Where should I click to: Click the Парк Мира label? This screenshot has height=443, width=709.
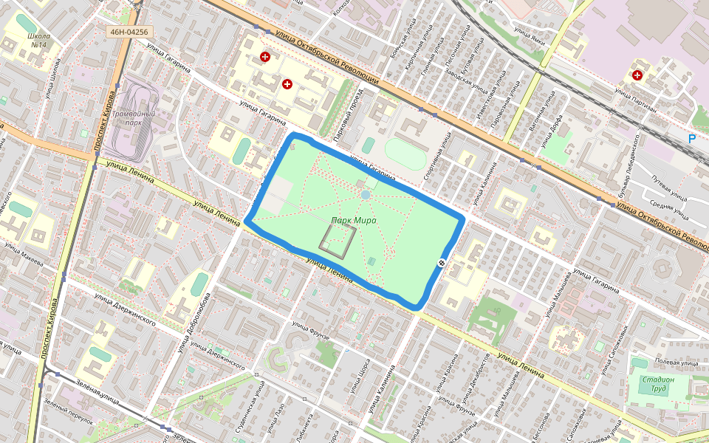(x=354, y=221)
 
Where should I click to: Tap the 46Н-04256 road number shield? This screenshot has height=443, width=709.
(x=129, y=32)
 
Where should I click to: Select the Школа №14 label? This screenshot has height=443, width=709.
(x=37, y=40)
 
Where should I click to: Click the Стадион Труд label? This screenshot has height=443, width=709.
(x=657, y=385)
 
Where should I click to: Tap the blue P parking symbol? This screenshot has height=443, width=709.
(x=691, y=138)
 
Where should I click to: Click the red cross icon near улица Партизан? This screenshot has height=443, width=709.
(x=637, y=75)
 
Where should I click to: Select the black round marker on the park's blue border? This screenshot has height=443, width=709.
(x=442, y=263)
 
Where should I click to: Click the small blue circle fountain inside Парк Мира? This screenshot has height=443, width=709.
(x=366, y=194)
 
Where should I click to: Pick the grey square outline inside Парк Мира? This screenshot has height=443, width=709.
(x=338, y=241)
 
